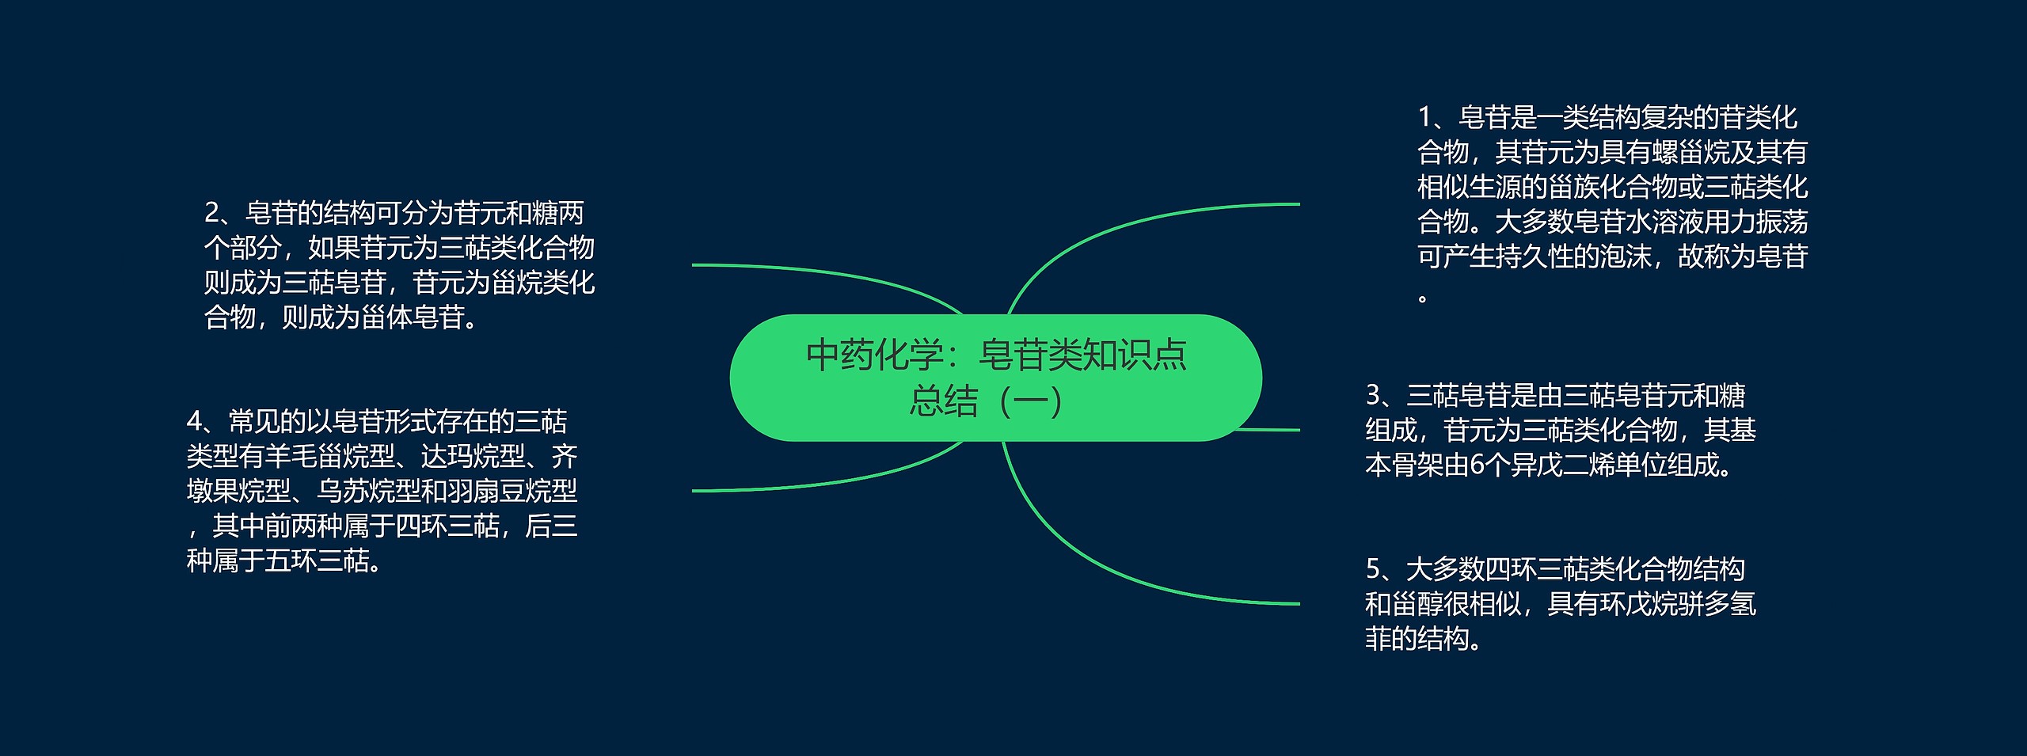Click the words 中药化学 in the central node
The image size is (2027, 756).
[874, 355]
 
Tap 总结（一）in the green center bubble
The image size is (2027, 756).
[986, 401]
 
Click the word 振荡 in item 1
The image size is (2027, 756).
[1782, 222]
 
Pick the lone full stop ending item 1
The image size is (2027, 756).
[1423, 298]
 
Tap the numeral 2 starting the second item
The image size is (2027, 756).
[211, 213]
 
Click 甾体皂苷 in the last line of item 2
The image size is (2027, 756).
[413, 317]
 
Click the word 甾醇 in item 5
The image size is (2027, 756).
[1417, 605]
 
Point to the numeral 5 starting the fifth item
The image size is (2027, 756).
[1373, 569]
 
